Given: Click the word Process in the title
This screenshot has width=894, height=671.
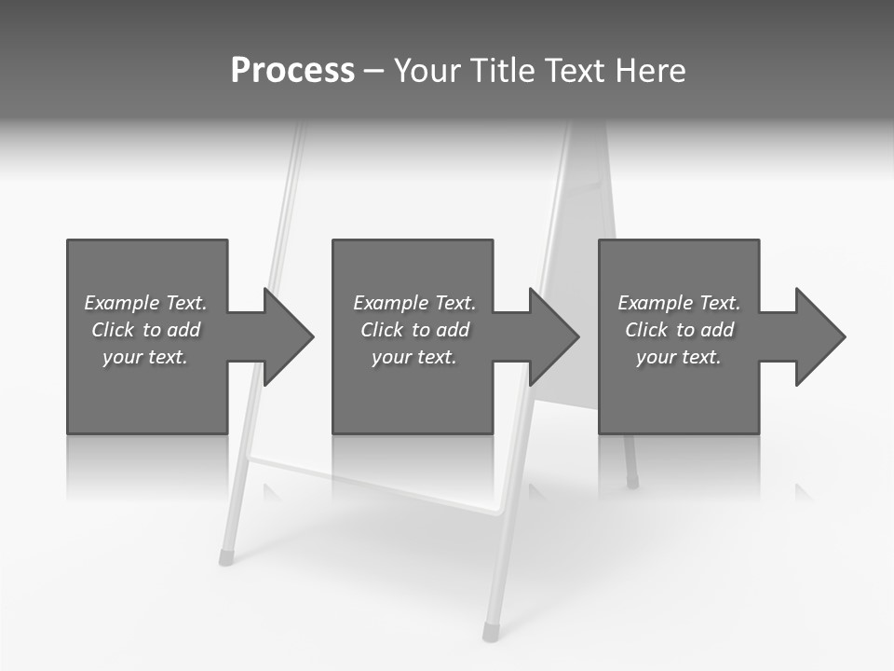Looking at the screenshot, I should coord(292,71).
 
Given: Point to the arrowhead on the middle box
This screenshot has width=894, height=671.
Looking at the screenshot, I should coord(552,336).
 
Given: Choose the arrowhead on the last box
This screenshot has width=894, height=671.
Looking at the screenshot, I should coord(819,336).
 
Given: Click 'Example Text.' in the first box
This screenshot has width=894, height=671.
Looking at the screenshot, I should coord(145,303).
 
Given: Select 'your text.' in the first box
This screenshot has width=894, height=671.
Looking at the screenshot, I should coord(145,357).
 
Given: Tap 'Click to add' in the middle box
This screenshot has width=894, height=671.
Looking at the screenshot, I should coord(414,330).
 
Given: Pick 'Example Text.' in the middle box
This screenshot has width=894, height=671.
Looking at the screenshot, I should coord(414,303).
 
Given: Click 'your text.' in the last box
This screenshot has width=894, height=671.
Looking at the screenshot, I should coord(679,357).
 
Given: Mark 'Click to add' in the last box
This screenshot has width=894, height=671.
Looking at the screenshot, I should coord(679,330).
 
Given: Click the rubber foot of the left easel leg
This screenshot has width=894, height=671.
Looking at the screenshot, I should coord(225,557).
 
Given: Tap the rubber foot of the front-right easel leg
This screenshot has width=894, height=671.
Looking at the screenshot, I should coord(490,633).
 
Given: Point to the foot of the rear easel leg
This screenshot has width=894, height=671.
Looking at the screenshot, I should coord(632,482).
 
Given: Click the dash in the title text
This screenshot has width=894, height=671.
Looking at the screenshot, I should coord(373,71).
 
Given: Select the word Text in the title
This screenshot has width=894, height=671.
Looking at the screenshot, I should coord(576,71).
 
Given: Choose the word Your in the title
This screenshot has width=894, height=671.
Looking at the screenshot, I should coord(427,71).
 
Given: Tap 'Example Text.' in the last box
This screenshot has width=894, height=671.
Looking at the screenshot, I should coord(679,303).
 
